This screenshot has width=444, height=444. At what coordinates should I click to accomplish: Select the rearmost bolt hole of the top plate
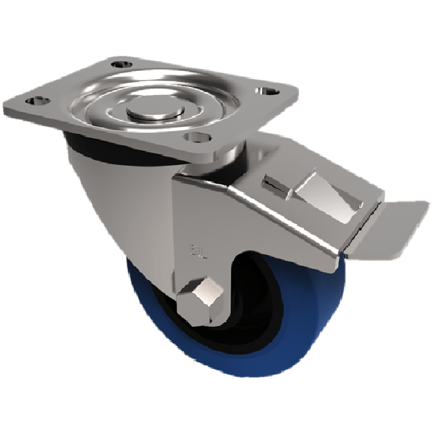119,64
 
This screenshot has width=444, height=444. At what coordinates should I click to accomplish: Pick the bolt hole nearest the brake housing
196,136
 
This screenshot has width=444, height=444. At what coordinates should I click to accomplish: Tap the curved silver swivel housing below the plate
111,189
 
